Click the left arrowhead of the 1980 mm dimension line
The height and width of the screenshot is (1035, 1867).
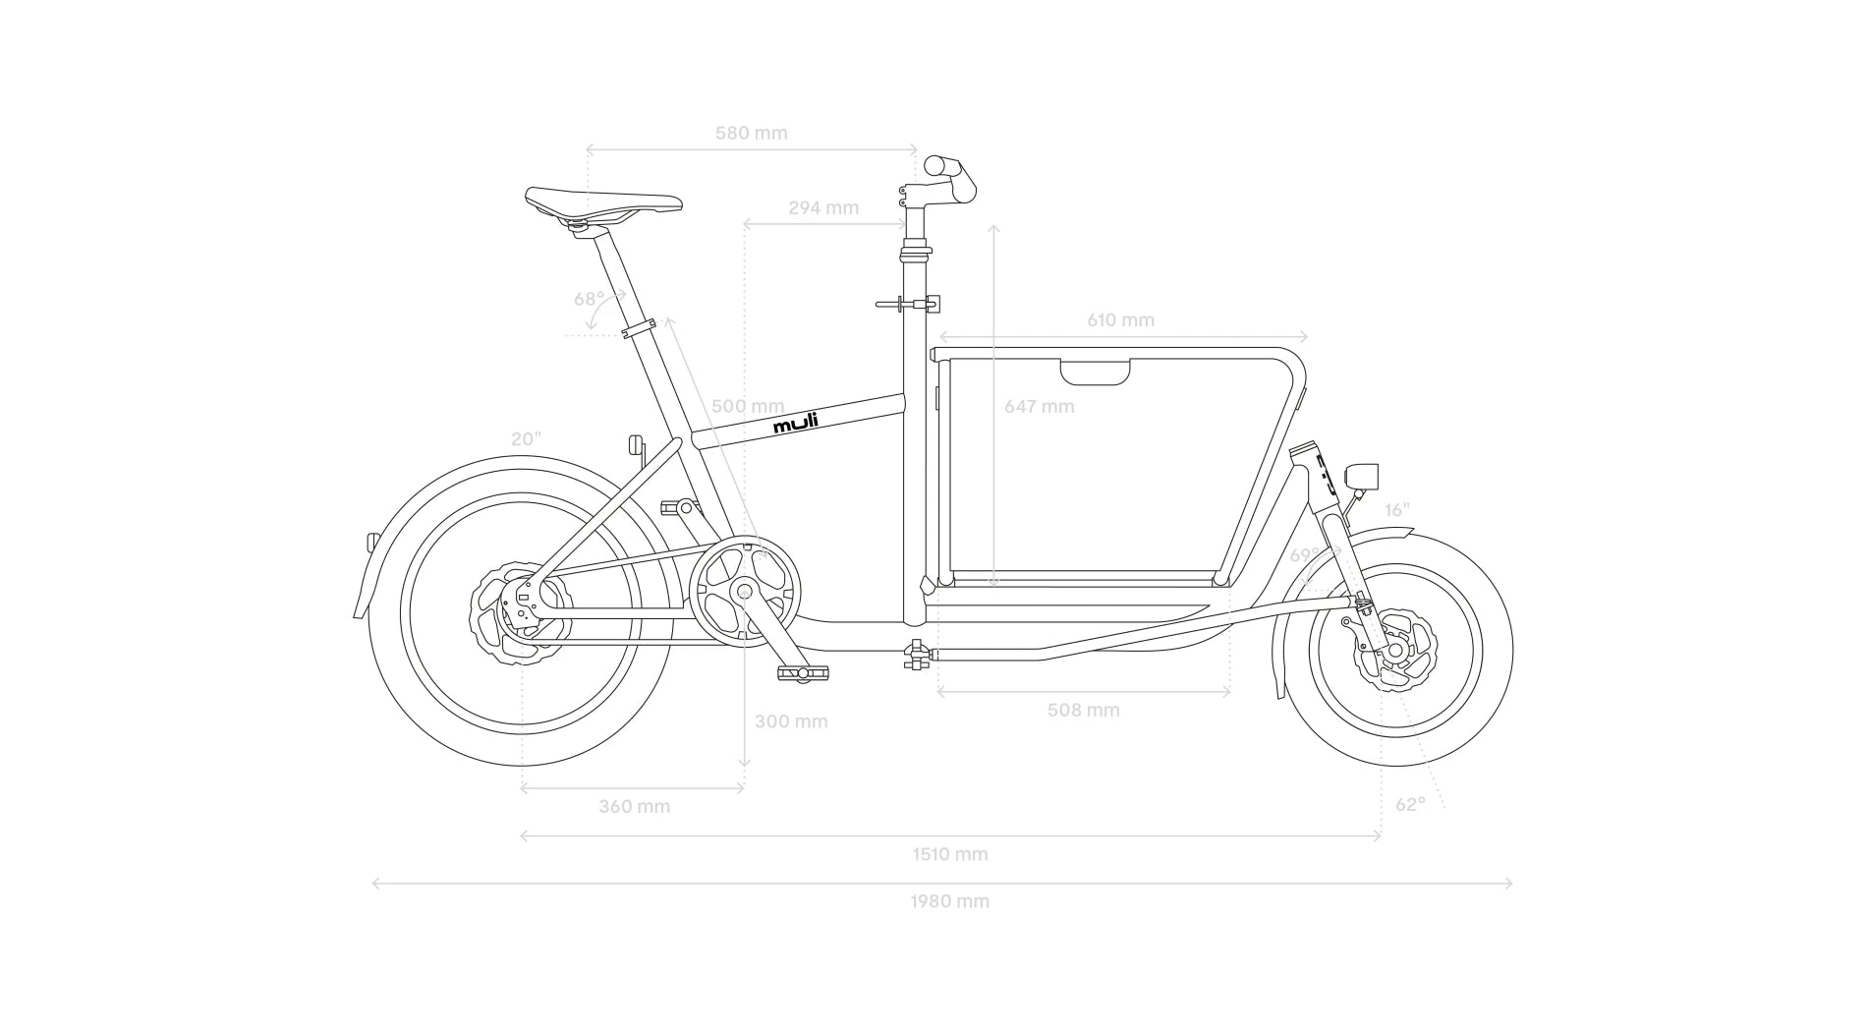tap(374, 884)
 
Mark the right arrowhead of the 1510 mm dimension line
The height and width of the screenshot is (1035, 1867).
tap(1380, 836)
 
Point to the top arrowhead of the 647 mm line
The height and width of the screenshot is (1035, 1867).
tap(994, 227)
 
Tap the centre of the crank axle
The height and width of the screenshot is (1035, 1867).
tap(744, 592)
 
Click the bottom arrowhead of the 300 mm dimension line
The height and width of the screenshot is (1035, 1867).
tap(744, 764)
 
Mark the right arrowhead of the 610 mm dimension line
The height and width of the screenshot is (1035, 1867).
tap(1305, 337)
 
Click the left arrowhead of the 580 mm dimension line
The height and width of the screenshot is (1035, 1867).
tap(589, 150)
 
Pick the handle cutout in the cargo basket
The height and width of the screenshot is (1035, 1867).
tap(1095, 372)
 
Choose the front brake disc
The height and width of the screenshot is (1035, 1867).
tap(1395, 649)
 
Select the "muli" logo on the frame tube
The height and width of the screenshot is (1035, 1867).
tap(795, 423)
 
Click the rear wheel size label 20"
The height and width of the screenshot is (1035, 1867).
tap(526, 438)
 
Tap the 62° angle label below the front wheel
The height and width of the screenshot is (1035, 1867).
tap(1410, 804)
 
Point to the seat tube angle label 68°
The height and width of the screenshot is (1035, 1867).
tap(590, 299)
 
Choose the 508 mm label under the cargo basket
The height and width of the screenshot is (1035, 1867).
tap(1083, 710)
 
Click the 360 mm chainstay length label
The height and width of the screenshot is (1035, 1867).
tap(635, 806)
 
